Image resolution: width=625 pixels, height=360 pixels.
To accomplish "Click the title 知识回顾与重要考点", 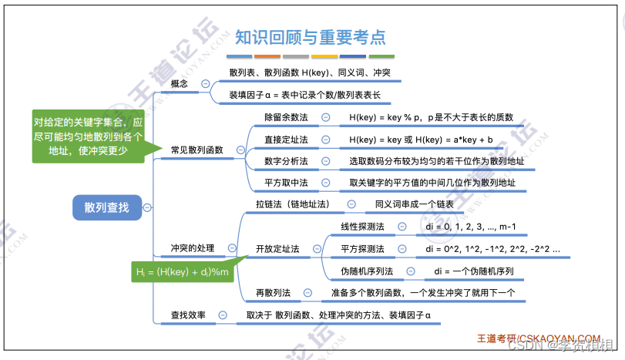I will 311,36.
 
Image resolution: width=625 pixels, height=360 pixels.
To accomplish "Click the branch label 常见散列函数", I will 197,150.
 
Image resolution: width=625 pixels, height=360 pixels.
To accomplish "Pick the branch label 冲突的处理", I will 193,248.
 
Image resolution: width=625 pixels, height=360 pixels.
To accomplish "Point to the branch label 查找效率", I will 190,315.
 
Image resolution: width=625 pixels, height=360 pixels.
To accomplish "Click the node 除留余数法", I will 286,117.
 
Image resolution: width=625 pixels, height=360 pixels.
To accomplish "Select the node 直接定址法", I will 286,140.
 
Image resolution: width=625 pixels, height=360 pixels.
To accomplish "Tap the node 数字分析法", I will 286,162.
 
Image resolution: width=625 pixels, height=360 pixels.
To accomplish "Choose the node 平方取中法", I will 286,183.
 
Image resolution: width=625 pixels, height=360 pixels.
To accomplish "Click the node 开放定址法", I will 277,248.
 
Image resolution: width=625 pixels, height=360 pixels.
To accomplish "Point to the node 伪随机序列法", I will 367,271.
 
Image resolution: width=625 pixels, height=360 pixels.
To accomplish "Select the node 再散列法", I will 273,293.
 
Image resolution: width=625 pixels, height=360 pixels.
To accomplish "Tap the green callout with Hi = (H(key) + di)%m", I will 185,271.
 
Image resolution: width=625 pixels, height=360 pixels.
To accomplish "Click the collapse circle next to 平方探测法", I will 402,249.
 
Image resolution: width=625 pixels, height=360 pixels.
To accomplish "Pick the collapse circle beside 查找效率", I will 223,315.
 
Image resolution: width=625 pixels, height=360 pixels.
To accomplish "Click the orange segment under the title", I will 267,56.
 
